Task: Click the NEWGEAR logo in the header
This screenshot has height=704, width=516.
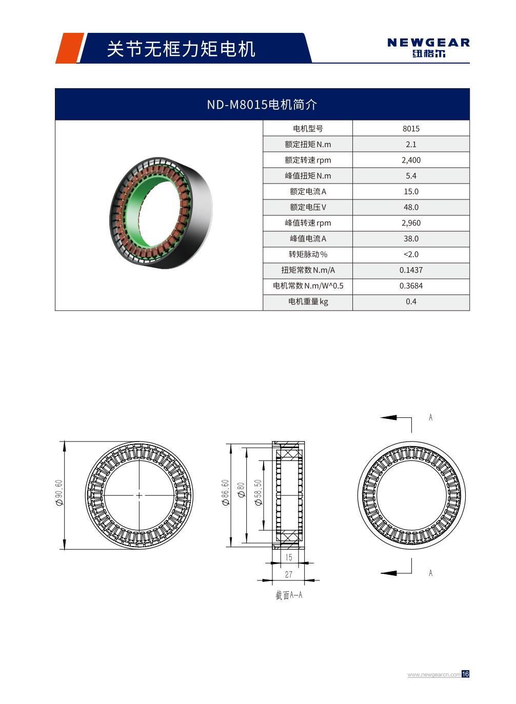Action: click(428, 47)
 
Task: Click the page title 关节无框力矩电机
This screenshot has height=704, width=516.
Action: click(181, 49)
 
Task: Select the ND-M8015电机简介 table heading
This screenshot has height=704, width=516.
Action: click(262, 105)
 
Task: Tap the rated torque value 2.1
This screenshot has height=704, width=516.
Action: click(411, 145)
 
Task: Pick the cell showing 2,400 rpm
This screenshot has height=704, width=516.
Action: click(411, 160)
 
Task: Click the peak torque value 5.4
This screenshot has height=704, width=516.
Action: click(411, 176)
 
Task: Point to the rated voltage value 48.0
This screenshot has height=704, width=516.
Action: click(411, 207)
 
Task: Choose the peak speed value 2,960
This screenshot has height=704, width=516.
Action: click(411, 223)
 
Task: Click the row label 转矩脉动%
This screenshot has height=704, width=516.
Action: click(308, 254)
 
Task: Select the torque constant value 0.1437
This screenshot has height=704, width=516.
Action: click(411, 270)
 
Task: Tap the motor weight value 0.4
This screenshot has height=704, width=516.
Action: click(411, 301)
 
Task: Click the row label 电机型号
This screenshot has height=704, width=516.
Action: click(308, 129)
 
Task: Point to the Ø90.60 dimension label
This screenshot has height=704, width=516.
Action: click(59, 493)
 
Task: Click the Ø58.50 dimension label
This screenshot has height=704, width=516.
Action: click(259, 493)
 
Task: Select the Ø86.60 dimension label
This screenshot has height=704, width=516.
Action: click(225, 493)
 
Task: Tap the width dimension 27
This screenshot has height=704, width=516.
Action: click(288, 574)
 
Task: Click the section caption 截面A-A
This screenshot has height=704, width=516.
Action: click(289, 595)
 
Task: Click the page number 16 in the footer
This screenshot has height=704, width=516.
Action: click(465, 674)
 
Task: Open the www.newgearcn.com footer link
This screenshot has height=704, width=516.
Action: click(433, 675)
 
